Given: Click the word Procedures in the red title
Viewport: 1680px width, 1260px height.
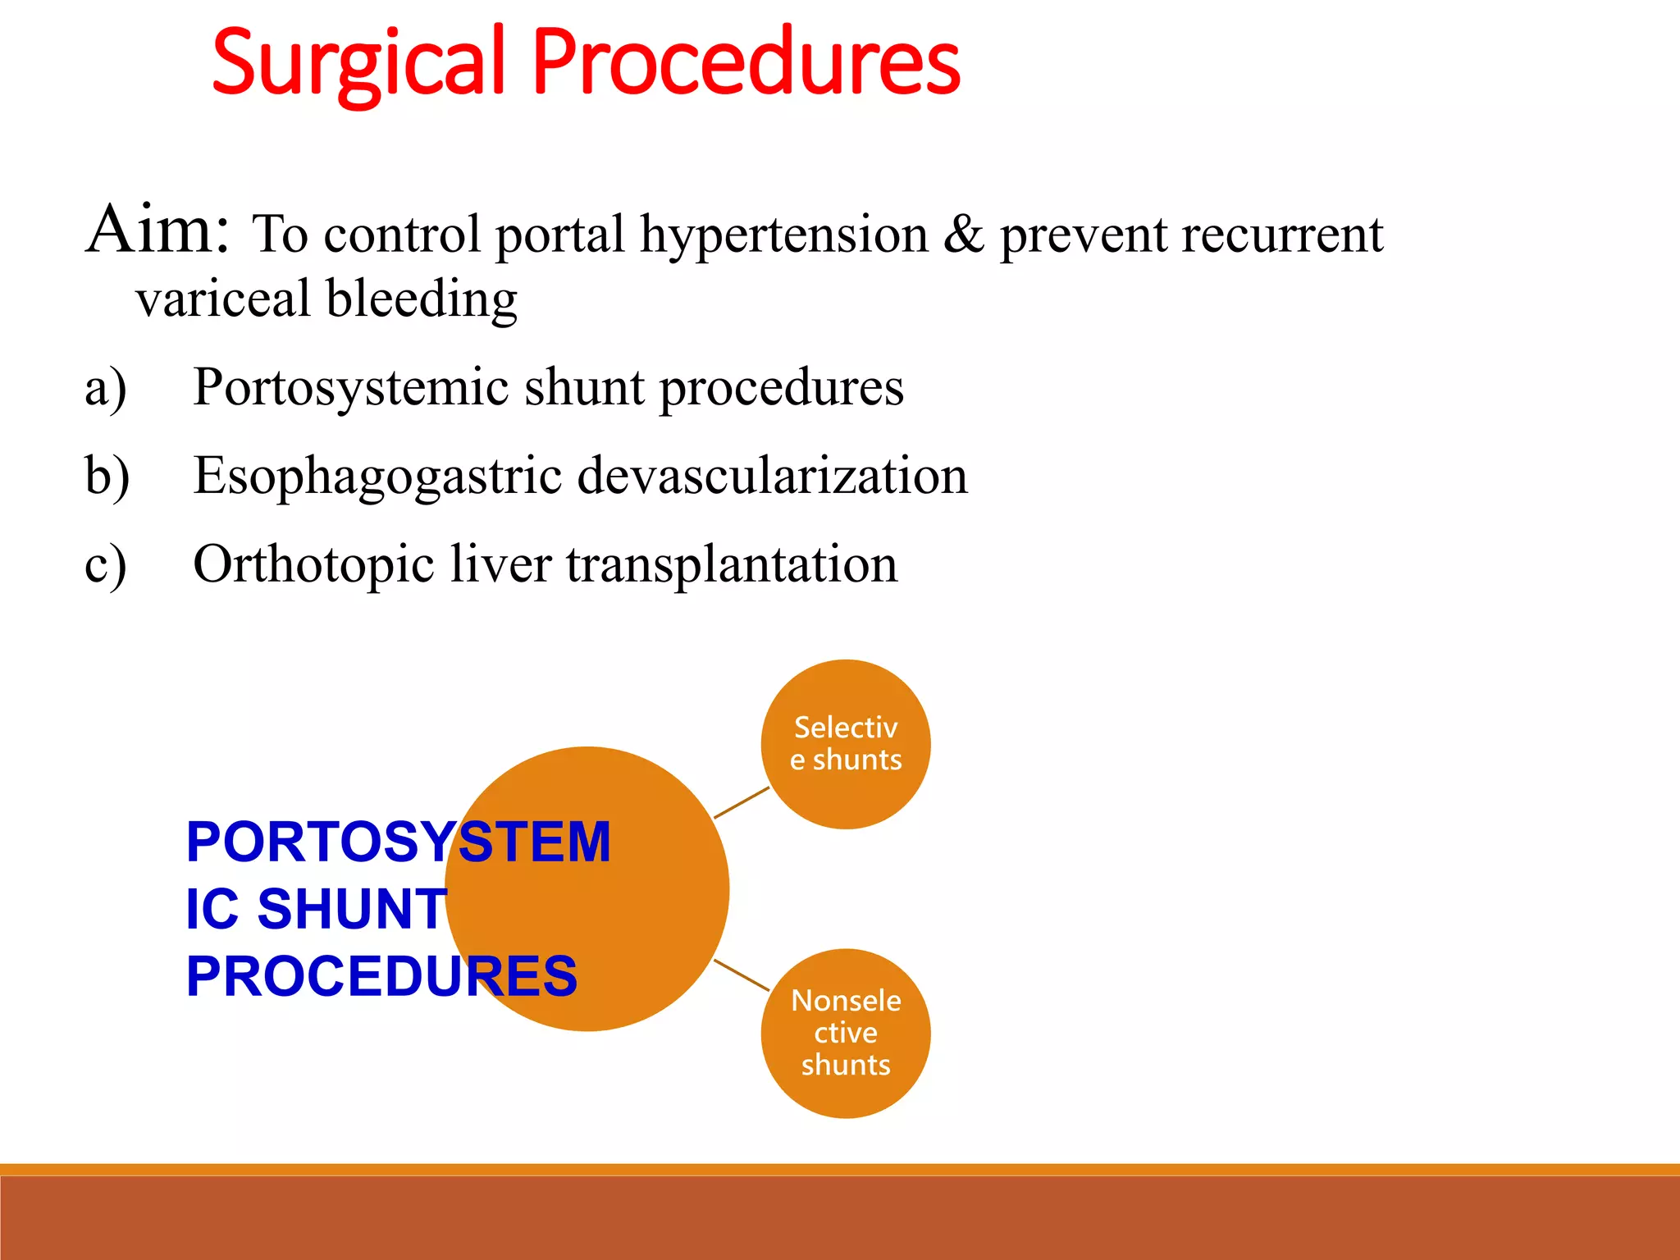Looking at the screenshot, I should point(746,62).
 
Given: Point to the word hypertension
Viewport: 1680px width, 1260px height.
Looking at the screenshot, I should point(783,236).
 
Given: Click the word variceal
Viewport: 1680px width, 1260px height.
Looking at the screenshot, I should point(223,299).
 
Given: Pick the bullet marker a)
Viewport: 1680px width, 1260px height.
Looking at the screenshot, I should point(106,388).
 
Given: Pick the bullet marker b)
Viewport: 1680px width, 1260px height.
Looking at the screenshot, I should point(107,477).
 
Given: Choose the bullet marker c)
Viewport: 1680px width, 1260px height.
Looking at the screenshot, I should point(106,565).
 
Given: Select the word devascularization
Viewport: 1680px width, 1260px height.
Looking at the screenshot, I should point(772,476).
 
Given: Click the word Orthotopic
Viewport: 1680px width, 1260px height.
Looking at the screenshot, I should point(313,565).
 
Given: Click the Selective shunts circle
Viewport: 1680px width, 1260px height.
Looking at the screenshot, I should point(845,744).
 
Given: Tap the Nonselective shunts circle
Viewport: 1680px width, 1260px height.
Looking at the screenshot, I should point(845,1033).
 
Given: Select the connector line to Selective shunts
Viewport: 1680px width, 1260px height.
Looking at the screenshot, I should point(742,802).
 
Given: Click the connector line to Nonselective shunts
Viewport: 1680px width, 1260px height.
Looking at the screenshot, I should point(742,975).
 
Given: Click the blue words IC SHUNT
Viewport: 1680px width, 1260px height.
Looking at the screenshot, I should point(316,909).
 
